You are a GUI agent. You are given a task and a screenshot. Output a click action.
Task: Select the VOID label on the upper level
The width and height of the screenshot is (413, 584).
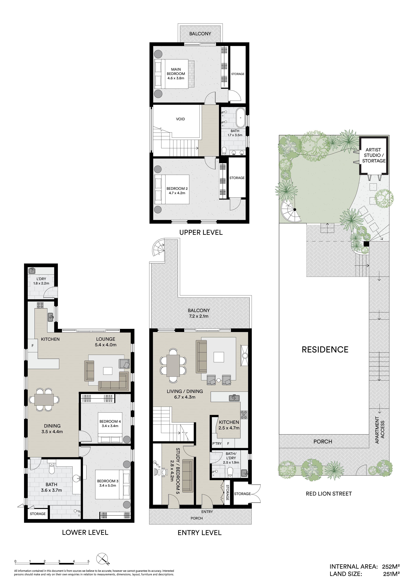tap(180, 119)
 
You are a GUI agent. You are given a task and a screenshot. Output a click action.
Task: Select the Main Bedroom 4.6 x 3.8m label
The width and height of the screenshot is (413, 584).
tap(176, 74)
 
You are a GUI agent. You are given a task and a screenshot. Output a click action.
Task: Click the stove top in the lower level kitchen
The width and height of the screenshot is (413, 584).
tap(40, 305)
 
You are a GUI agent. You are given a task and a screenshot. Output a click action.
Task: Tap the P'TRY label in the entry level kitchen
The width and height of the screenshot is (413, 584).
tap(217, 444)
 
